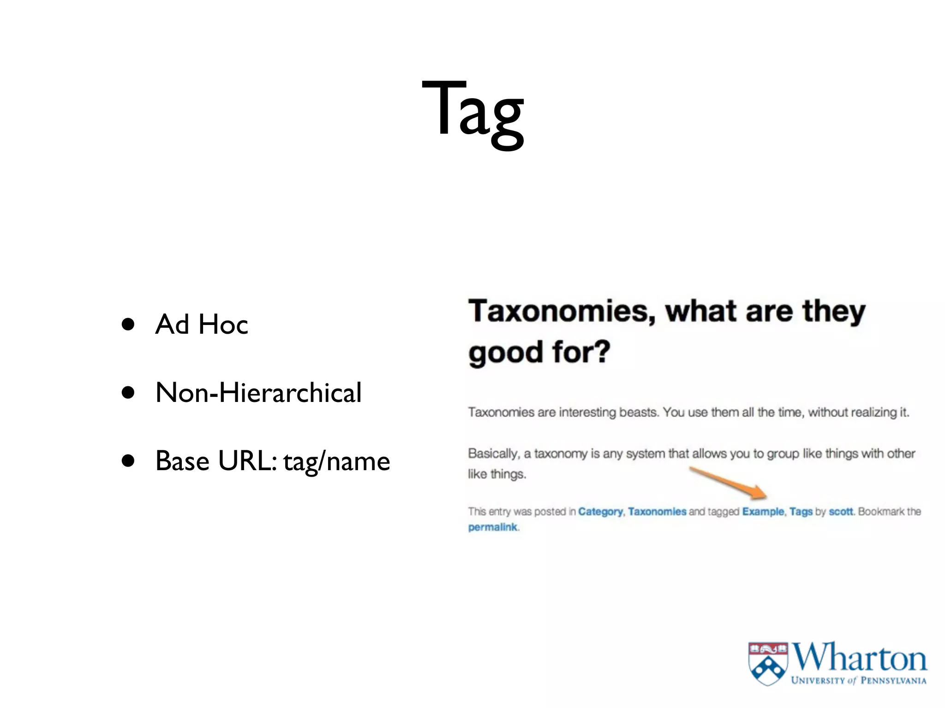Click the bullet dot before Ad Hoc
pyautogui.click(x=128, y=324)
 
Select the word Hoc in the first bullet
pyautogui.click(x=223, y=324)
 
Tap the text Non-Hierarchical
pyautogui.click(x=258, y=393)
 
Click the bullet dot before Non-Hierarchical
pyautogui.click(x=128, y=393)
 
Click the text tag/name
pyautogui.click(x=337, y=461)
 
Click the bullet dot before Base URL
pyautogui.click(x=128, y=460)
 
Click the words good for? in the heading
pyautogui.click(x=539, y=352)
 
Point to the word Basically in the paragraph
pyautogui.click(x=493, y=454)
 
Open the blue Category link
pyautogui.click(x=600, y=512)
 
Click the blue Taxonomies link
pyautogui.click(x=657, y=512)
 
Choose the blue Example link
pyautogui.click(x=763, y=512)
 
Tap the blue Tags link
pyautogui.click(x=801, y=512)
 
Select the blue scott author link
pyautogui.click(x=841, y=512)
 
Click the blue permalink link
pyautogui.click(x=492, y=527)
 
